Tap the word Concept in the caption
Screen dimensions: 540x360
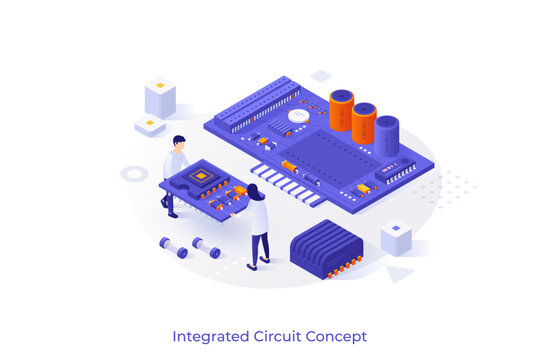(x=336, y=336)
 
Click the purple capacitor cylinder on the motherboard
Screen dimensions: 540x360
(x=387, y=135)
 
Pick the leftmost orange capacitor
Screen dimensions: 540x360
(x=341, y=109)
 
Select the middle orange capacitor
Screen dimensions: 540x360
(x=364, y=122)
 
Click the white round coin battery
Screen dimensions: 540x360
(x=299, y=115)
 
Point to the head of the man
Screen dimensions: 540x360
(x=178, y=142)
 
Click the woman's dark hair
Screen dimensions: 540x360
(x=254, y=191)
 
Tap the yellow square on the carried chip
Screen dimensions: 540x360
(x=202, y=176)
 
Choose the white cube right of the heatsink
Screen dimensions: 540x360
(x=396, y=237)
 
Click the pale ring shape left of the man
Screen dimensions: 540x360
(x=134, y=173)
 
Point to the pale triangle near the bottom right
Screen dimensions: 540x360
(x=399, y=273)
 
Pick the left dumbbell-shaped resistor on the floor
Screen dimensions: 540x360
(x=174, y=247)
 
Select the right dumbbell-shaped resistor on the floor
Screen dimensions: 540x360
(x=206, y=247)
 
